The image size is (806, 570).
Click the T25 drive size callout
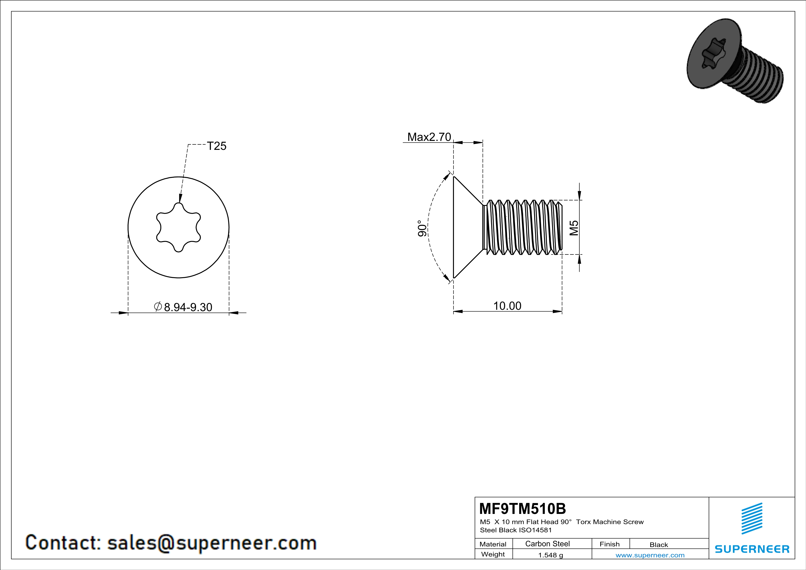(216, 146)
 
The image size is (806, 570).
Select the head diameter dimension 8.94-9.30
(188, 307)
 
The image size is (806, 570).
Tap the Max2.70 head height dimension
(429, 137)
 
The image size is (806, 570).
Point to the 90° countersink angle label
(422, 228)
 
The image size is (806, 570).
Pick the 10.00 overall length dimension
(507, 306)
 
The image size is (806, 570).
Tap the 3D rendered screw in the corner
(734, 61)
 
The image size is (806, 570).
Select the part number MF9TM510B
(522, 509)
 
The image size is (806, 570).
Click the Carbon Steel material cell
(547, 544)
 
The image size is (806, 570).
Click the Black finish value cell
(658, 545)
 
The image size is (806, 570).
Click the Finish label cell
(609, 544)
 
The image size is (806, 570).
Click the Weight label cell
(493, 554)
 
